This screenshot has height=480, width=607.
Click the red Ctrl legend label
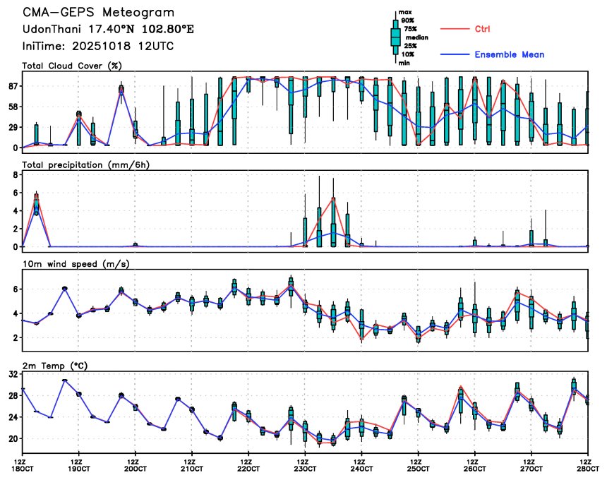[482, 29]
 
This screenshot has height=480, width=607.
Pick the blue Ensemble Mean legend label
[509, 54]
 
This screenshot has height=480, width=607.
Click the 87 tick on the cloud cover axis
[12, 86]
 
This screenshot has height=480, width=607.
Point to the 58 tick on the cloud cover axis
[12, 107]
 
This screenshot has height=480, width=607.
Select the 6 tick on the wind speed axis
[15, 289]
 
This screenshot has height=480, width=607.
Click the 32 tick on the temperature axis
[12, 375]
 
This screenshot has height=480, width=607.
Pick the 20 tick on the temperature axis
[12, 438]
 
